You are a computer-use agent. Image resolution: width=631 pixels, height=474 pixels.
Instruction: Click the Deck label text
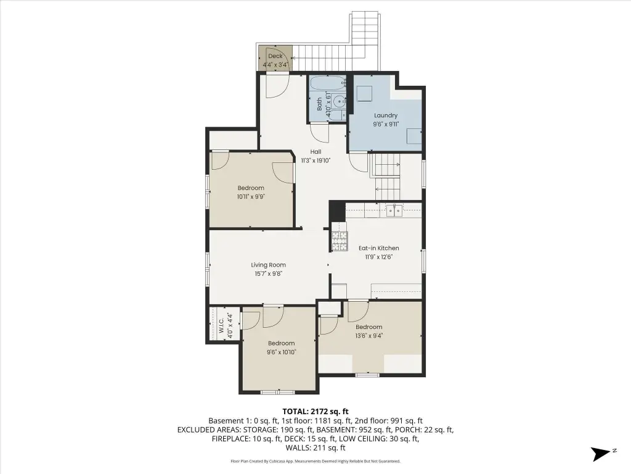click(275, 56)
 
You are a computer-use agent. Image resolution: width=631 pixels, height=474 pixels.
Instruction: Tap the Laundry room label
click(386, 115)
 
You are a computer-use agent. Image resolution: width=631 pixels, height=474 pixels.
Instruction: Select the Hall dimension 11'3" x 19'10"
click(315, 160)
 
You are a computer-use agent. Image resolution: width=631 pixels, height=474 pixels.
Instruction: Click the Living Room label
click(269, 265)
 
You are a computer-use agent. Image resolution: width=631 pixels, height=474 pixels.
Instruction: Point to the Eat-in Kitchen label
click(379, 248)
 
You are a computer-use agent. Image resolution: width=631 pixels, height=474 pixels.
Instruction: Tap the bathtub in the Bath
click(327, 84)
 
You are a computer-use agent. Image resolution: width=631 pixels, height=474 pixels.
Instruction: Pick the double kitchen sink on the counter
click(394, 210)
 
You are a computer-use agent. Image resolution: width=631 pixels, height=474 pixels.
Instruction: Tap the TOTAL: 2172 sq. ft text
click(315, 412)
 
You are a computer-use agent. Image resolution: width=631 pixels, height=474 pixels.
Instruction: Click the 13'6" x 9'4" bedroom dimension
click(368, 335)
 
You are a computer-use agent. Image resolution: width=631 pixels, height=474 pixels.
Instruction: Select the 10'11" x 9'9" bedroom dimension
click(251, 197)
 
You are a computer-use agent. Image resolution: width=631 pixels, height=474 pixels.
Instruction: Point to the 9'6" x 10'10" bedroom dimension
click(281, 352)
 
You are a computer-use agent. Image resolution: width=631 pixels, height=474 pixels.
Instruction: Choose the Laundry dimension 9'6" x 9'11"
click(386, 124)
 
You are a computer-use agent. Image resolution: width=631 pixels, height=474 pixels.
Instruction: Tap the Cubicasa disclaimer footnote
click(315, 461)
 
